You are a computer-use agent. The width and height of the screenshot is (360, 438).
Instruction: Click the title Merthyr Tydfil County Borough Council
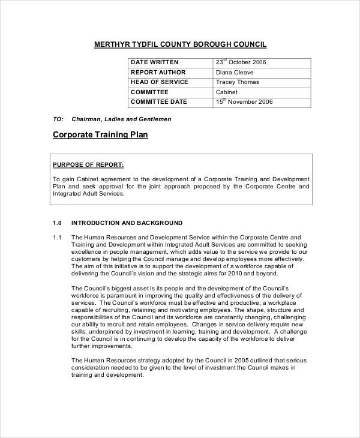tap(180, 44)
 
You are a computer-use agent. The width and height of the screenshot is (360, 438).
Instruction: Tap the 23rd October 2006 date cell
tap(241, 62)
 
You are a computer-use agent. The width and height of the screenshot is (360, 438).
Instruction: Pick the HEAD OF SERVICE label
tap(159, 82)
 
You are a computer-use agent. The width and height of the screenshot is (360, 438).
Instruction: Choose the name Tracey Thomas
tap(238, 82)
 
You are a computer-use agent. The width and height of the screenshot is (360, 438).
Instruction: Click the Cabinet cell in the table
tap(227, 92)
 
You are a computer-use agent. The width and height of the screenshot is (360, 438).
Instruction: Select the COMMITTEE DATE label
tap(158, 102)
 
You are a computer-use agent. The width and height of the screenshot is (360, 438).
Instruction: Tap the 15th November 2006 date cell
tap(244, 102)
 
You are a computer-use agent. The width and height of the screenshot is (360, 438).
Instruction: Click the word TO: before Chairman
tap(58, 119)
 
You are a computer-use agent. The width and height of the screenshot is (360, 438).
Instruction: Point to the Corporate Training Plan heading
tap(100, 135)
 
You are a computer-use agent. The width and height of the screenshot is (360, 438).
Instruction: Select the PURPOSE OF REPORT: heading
tap(88, 164)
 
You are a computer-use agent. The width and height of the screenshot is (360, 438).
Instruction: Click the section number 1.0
tap(58, 223)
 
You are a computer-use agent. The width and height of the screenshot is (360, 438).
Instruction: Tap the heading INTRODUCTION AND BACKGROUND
tap(127, 223)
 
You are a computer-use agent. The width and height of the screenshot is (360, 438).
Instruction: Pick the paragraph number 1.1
tap(58, 237)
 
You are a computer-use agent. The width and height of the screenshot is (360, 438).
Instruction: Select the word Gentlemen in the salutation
tap(155, 119)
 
